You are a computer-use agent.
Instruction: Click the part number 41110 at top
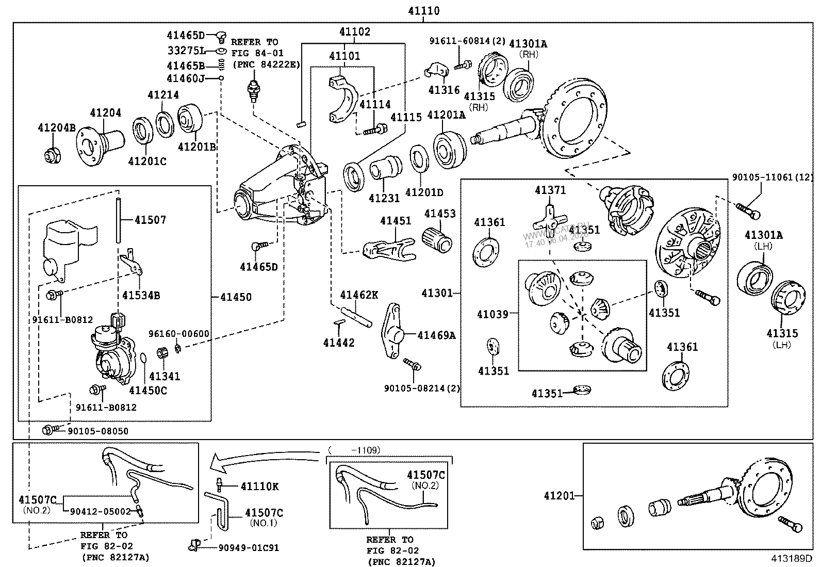click(423, 10)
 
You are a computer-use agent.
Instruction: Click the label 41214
click(163, 95)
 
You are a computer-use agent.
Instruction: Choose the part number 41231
click(384, 198)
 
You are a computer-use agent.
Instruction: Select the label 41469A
click(436, 335)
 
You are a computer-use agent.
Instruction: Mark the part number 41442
click(339, 342)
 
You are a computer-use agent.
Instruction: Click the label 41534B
click(141, 296)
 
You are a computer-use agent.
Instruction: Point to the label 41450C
click(148, 391)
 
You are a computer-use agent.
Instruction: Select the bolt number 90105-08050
click(98, 431)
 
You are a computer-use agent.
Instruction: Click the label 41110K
click(260, 486)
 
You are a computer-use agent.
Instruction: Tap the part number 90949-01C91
click(249, 547)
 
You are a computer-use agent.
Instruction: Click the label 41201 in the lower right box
click(559, 496)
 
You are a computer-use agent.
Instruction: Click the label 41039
click(492, 314)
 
